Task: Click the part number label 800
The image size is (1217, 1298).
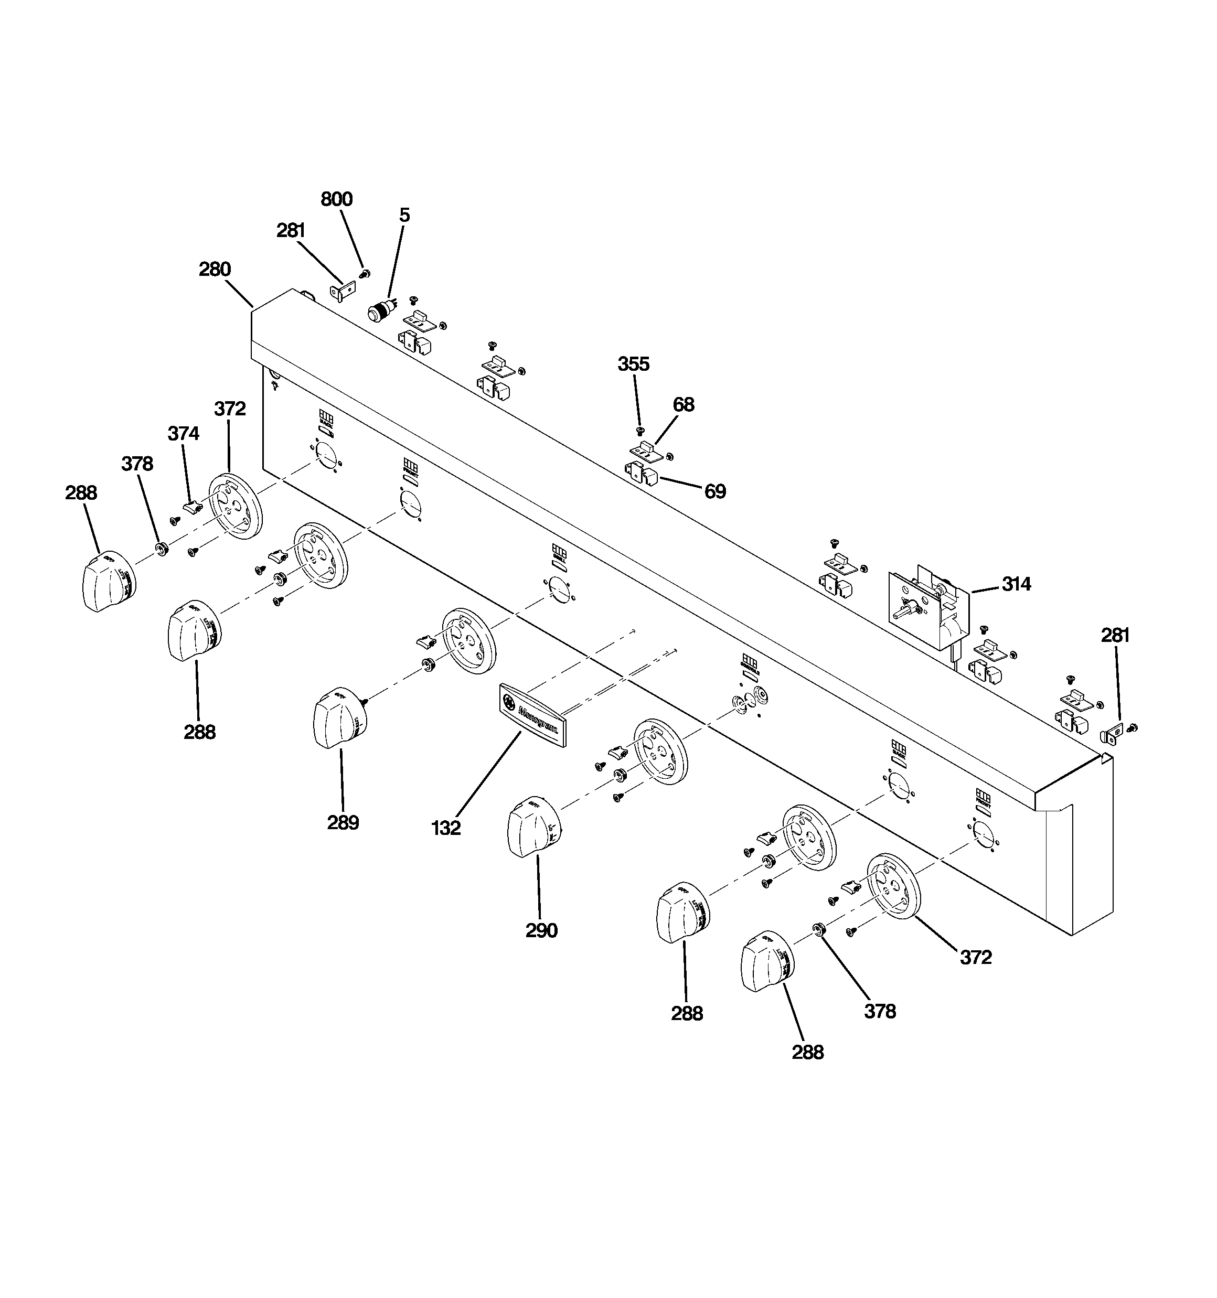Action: pos(336,199)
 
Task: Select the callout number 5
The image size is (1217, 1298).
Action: pos(404,216)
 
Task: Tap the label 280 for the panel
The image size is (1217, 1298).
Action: pos(215,269)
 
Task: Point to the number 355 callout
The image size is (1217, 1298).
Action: pos(633,364)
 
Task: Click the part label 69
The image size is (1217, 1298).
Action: pos(714,491)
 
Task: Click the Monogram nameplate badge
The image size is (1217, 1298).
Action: pos(532,714)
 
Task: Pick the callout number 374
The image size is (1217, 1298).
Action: pos(184,434)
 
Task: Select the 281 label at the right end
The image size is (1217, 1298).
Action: pos(1115,635)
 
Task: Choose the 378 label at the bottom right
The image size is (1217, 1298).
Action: pos(879,1011)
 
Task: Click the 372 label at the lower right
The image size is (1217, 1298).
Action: pos(975,957)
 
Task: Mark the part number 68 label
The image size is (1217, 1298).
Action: pos(684,405)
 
